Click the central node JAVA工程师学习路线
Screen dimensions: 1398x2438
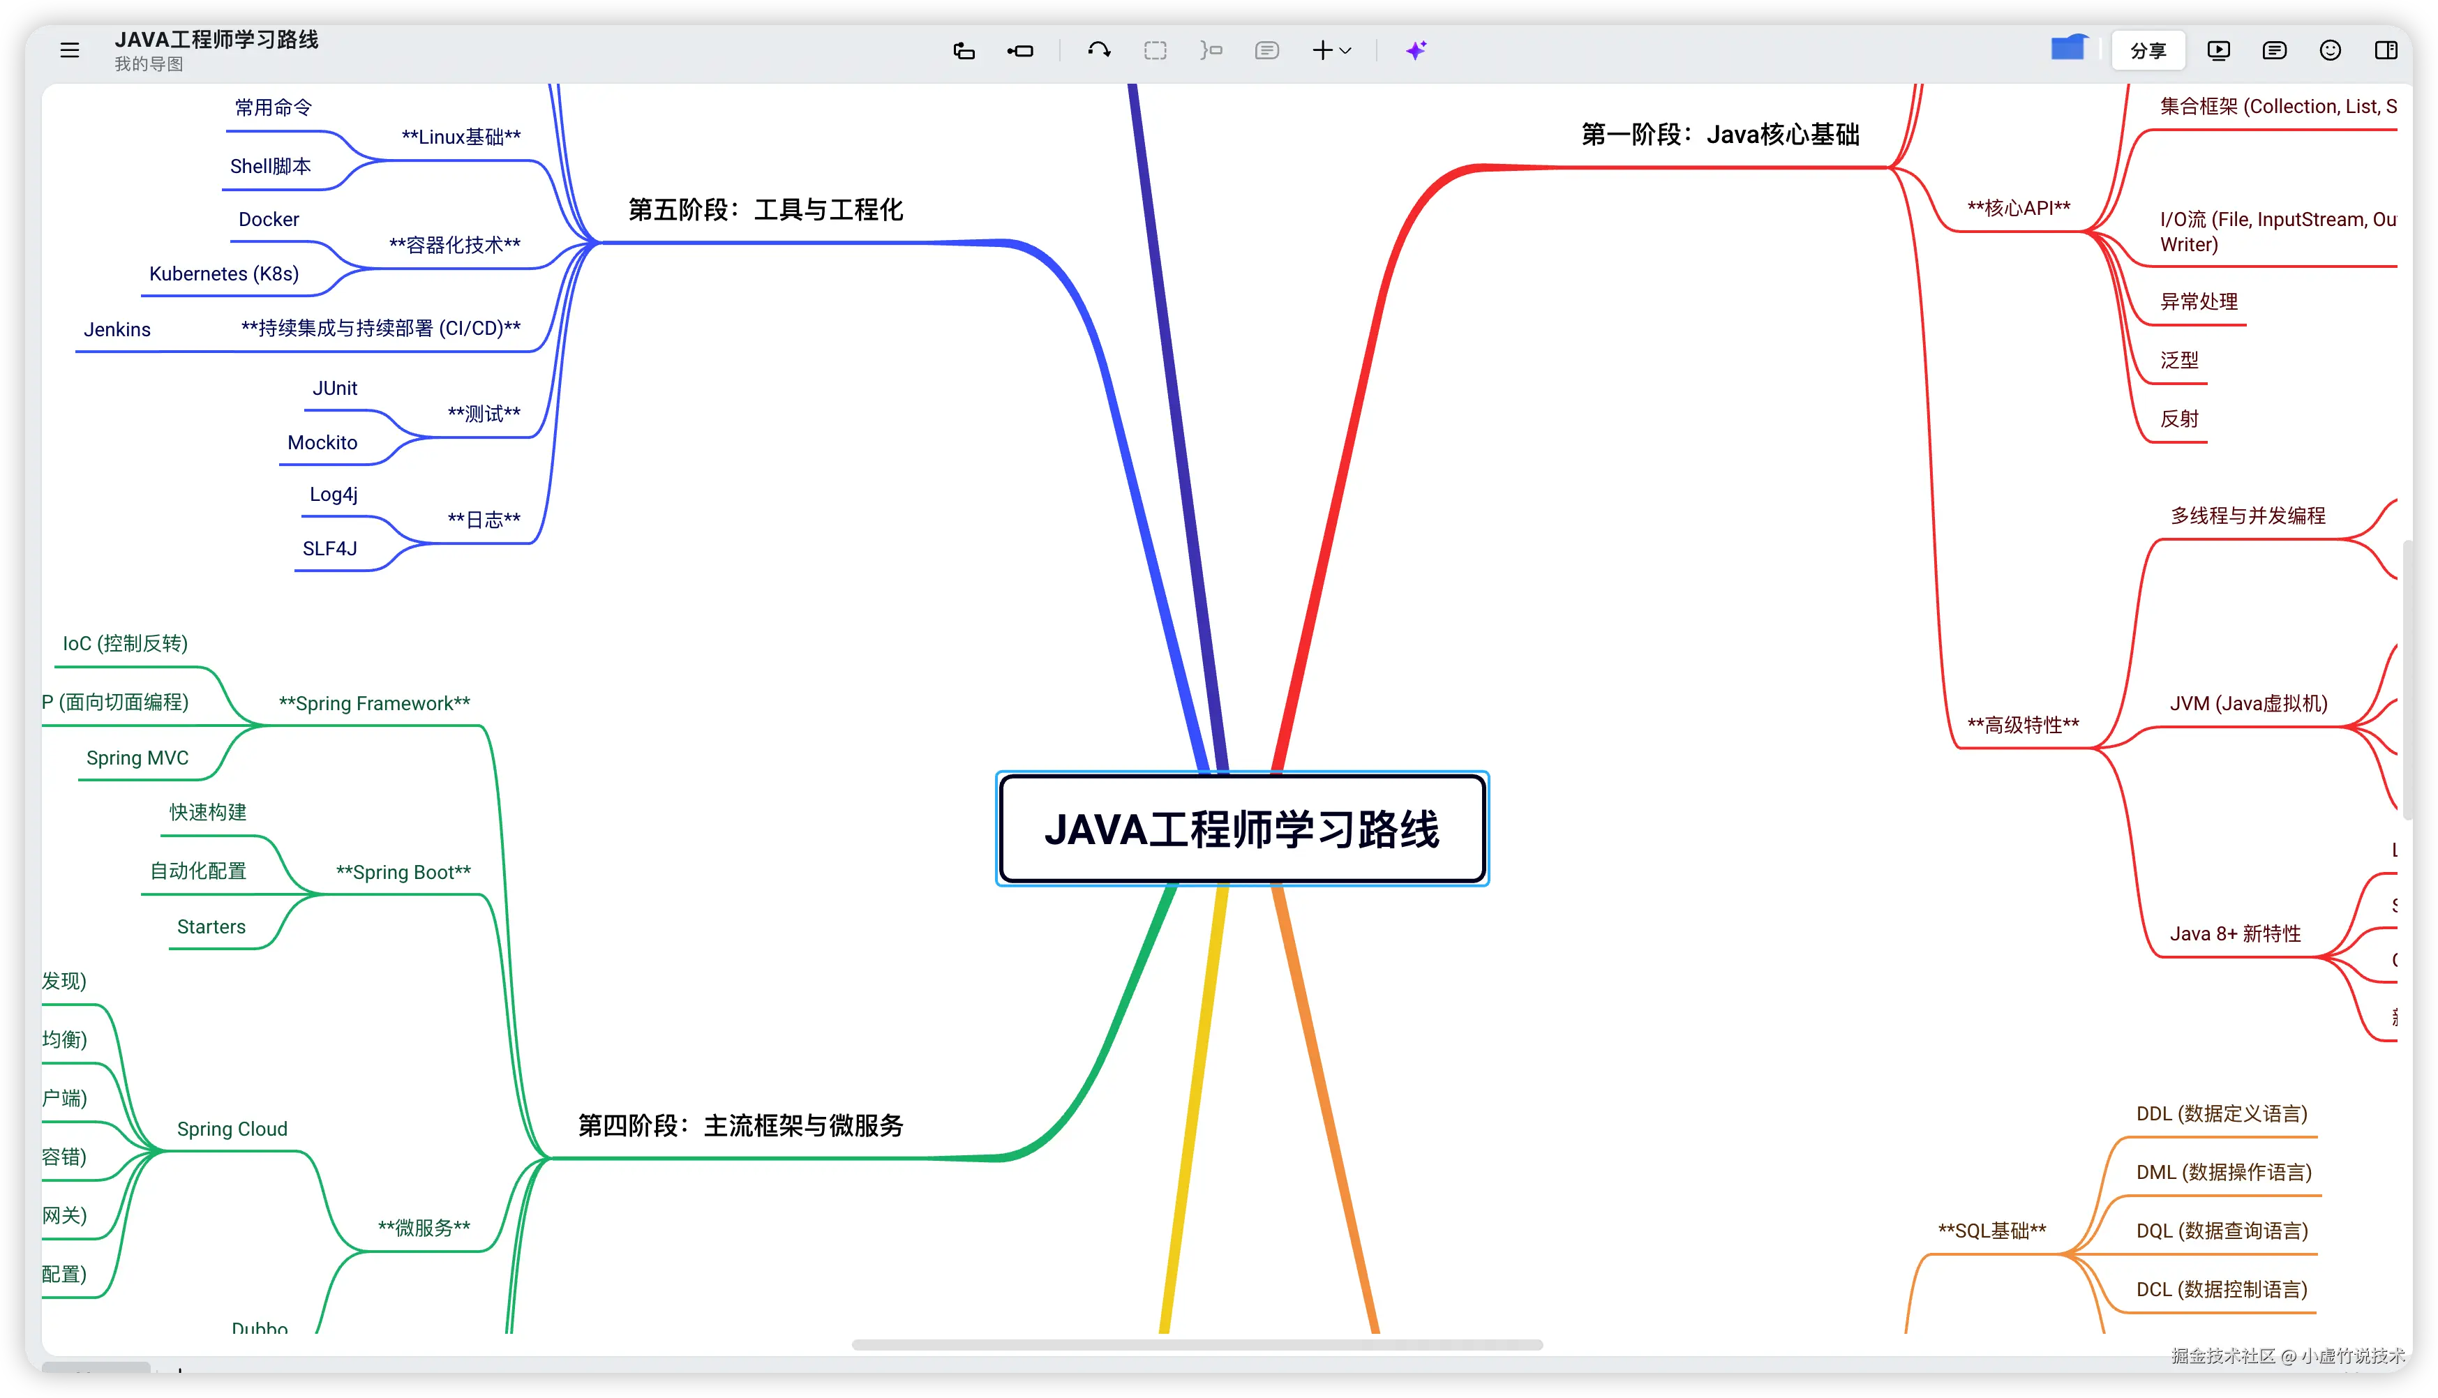click(x=1241, y=829)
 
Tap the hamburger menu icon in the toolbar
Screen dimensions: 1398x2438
click(x=70, y=50)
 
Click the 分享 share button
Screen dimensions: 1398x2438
click(x=2147, y=51)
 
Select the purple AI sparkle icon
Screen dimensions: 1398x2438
click(x=1415, y=51)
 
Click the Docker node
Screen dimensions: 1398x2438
click(x=269, y=220)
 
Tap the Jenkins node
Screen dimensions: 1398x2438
click(x=117, y=330)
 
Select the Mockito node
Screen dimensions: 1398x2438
click(x=322, y=443)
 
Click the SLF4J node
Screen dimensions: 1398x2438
click(x=329, y=549)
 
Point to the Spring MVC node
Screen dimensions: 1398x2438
click(x=137, y=758)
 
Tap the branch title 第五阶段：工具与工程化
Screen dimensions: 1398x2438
click(x=765, y=210)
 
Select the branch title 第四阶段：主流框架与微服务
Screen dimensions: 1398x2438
click(x=740, y=1125)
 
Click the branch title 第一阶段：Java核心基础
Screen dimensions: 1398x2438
click(x=1720, y=135)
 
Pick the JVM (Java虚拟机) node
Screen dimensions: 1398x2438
click(x=2248, y=704)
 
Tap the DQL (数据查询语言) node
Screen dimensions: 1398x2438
click(x=2221, y=1231)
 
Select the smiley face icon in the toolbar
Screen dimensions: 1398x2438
click(x=2329, y=51)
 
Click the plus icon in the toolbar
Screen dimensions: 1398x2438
click(x=1322, y=51)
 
